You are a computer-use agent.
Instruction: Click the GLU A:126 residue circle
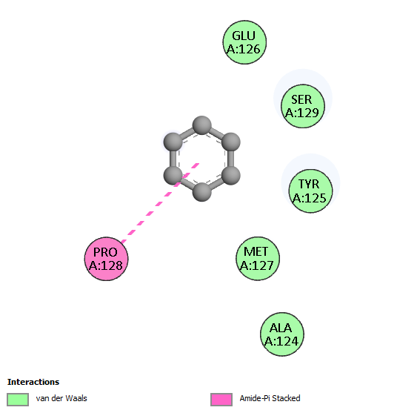[244, 42]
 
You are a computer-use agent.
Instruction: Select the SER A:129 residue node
[303, 106]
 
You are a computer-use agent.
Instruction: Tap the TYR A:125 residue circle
[310, 191]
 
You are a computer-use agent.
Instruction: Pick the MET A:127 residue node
[258, 258]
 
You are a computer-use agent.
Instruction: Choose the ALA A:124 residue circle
[282, 334]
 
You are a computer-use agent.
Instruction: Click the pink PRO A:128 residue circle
[106, 259]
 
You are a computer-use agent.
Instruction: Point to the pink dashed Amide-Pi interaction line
[160, 203]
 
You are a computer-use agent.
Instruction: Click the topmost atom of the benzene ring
[202, 125]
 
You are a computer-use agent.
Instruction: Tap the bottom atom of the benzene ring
[202, 192]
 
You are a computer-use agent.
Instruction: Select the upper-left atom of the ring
[173, 142]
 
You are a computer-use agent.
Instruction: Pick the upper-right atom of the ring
[231, 142]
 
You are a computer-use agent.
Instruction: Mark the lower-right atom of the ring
[231, 176]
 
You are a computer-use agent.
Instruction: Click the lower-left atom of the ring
[173, 176]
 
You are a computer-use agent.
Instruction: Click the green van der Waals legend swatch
[18, 400]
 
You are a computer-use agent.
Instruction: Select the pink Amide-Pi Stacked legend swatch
[221, 400]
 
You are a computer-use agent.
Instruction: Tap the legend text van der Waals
[61, 398]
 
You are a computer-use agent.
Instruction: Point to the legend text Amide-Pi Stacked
[270, 398]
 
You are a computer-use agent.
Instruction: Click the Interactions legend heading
[33, 382]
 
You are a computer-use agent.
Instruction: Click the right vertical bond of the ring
[231, 159]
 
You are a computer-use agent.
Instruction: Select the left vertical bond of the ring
[173, 159]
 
